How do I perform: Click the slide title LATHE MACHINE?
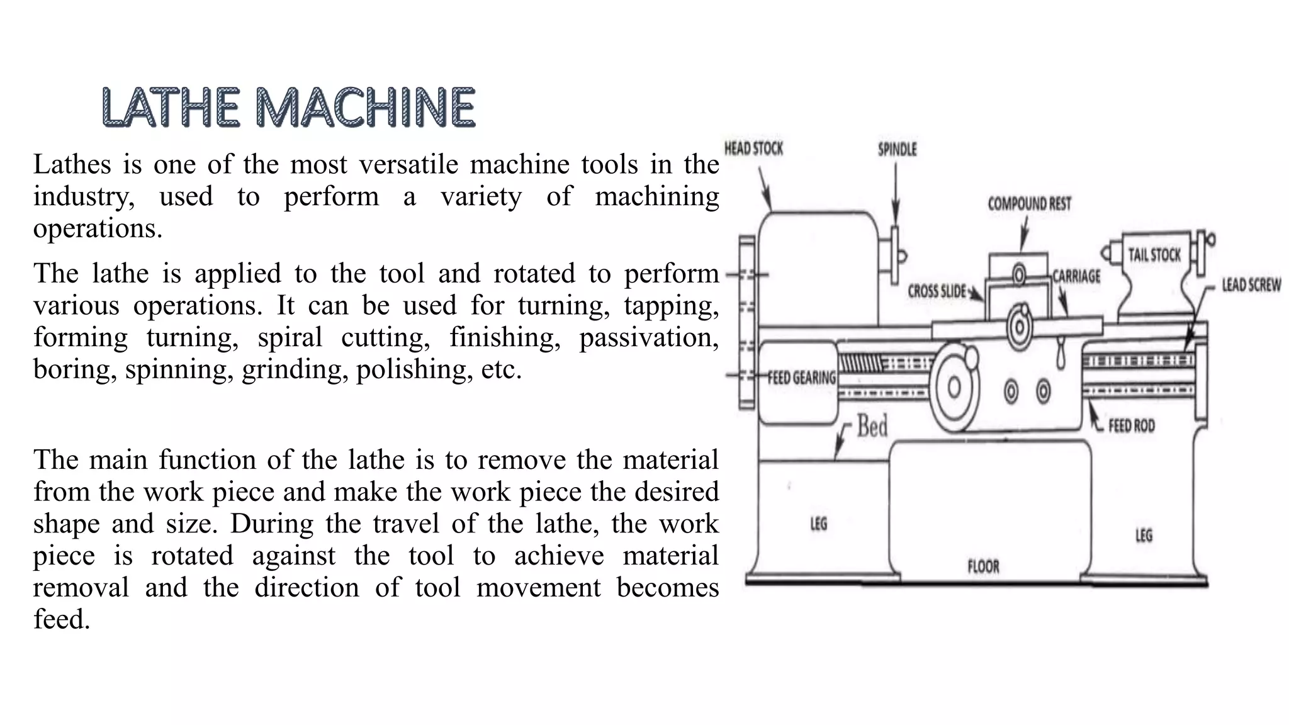point(288,108)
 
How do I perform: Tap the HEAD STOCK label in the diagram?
point(753,149)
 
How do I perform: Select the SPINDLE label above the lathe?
point(897,150)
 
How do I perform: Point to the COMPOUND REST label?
point(1029,204)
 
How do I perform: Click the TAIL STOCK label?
point(1154,255)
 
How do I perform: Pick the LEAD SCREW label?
point(1251,285)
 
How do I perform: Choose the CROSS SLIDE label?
point(937,291)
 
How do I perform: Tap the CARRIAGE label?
point(1076,276)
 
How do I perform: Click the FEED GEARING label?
point(802,378)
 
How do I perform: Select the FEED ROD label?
point(1132,426)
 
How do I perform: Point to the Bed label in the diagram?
point(872,427)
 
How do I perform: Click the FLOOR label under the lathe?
point(983,567)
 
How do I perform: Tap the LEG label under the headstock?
point(818,524)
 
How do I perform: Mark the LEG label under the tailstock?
point(1144,536)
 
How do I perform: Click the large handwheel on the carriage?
point(954,387)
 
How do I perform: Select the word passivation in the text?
point(648,338)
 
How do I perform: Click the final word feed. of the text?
point(62,620)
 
